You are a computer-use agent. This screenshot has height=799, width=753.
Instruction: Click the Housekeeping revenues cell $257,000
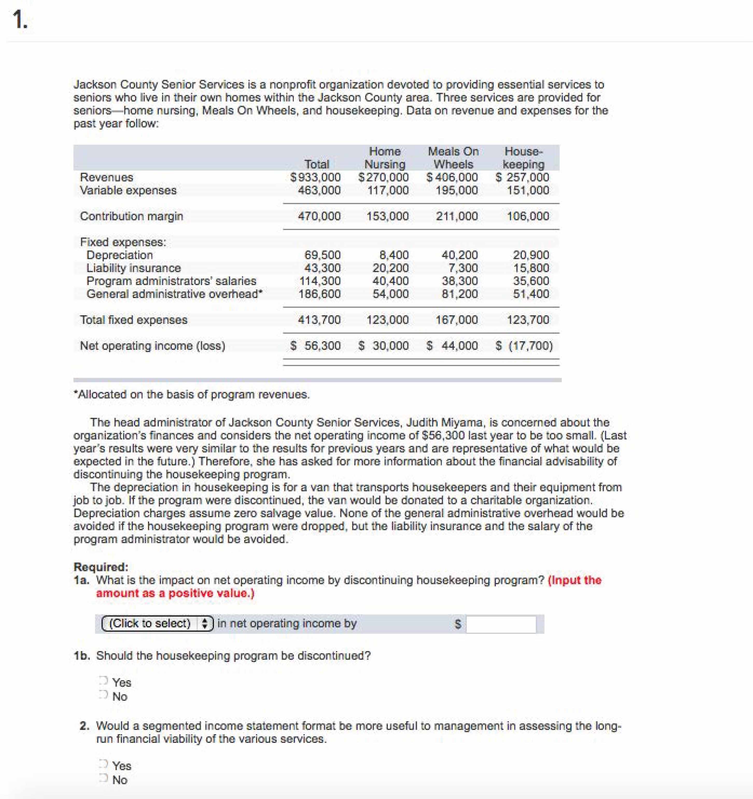click(523, 177)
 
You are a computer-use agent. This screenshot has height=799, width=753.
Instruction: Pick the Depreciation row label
click(119, 255)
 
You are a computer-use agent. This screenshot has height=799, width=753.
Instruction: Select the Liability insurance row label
click(133, 268)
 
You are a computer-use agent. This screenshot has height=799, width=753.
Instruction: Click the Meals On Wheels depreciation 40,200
click(460, 255)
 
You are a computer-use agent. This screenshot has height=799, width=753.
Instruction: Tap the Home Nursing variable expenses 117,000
click(388, 190)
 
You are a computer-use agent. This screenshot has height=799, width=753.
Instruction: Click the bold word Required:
click(101, 567)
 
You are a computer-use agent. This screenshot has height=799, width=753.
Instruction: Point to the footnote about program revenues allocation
click(192, 394)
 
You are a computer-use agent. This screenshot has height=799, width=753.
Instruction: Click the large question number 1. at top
click(20, 20)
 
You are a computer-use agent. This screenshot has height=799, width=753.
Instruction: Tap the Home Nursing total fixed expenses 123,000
click(388, 320)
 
